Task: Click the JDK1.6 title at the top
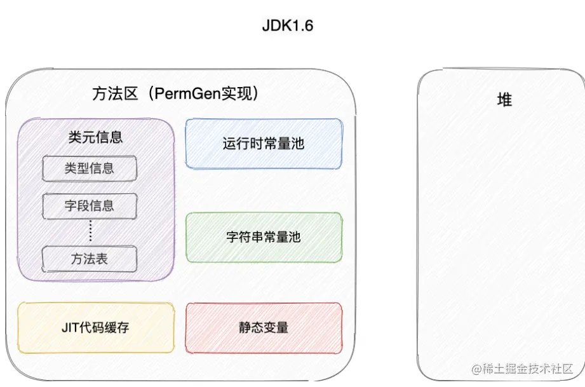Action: click(287, 26)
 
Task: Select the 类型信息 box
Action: click(90, 168)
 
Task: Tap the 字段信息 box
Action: click(90, 205)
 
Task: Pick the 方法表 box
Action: click(90, 259)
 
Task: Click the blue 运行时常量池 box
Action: click(264, 144)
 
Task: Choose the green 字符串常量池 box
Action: click(264, 238)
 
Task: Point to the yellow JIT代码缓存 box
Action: click(96, 328)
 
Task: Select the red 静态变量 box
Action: click(264, 328)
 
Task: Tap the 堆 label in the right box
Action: click(504, 100)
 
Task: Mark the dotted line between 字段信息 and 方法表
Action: click(90, 231)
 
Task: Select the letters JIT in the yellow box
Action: click(71, 328)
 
